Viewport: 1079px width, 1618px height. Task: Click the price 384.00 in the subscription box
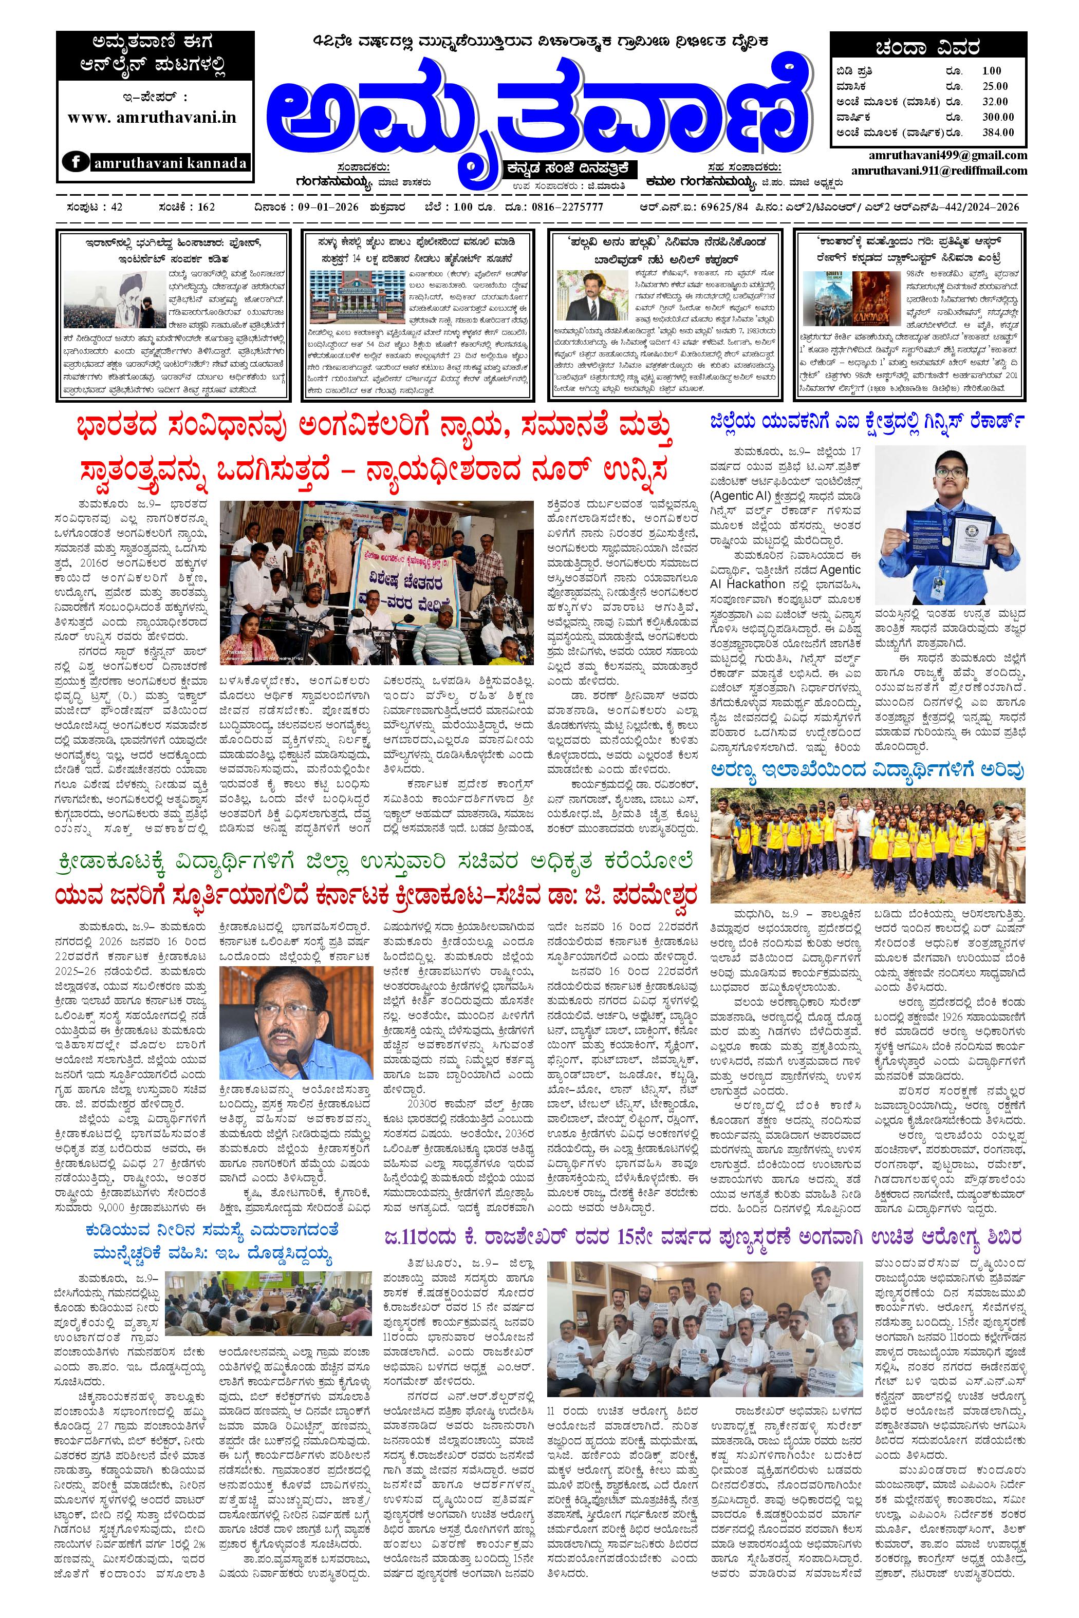(x=998, y=133)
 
